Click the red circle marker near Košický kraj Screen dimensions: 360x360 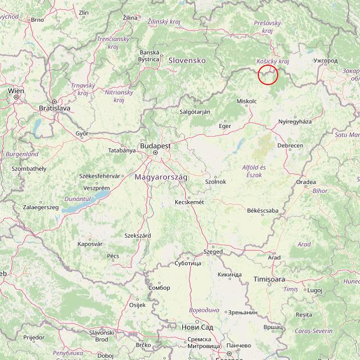[x=268, y=75]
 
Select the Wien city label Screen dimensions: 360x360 [x=16, y=91]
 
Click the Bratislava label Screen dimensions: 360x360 [x=54, y=107]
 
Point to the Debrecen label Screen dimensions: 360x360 [x=290, y=146]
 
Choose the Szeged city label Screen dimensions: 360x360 [x=214, y=251]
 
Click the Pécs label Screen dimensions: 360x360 [x=113, y=256]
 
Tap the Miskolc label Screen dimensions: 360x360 [x=246, y=101]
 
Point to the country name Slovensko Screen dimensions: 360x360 [x=186, y=60]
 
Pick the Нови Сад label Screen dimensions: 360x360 [x=197, y=327]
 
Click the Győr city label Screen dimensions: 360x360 [x=82, y=133]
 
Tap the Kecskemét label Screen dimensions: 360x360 [x=190, y=202]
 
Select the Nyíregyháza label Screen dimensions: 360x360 [x=295, y=122]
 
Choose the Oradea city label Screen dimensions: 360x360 [x=306, y=182]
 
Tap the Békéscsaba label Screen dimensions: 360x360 [x=262, y=210]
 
